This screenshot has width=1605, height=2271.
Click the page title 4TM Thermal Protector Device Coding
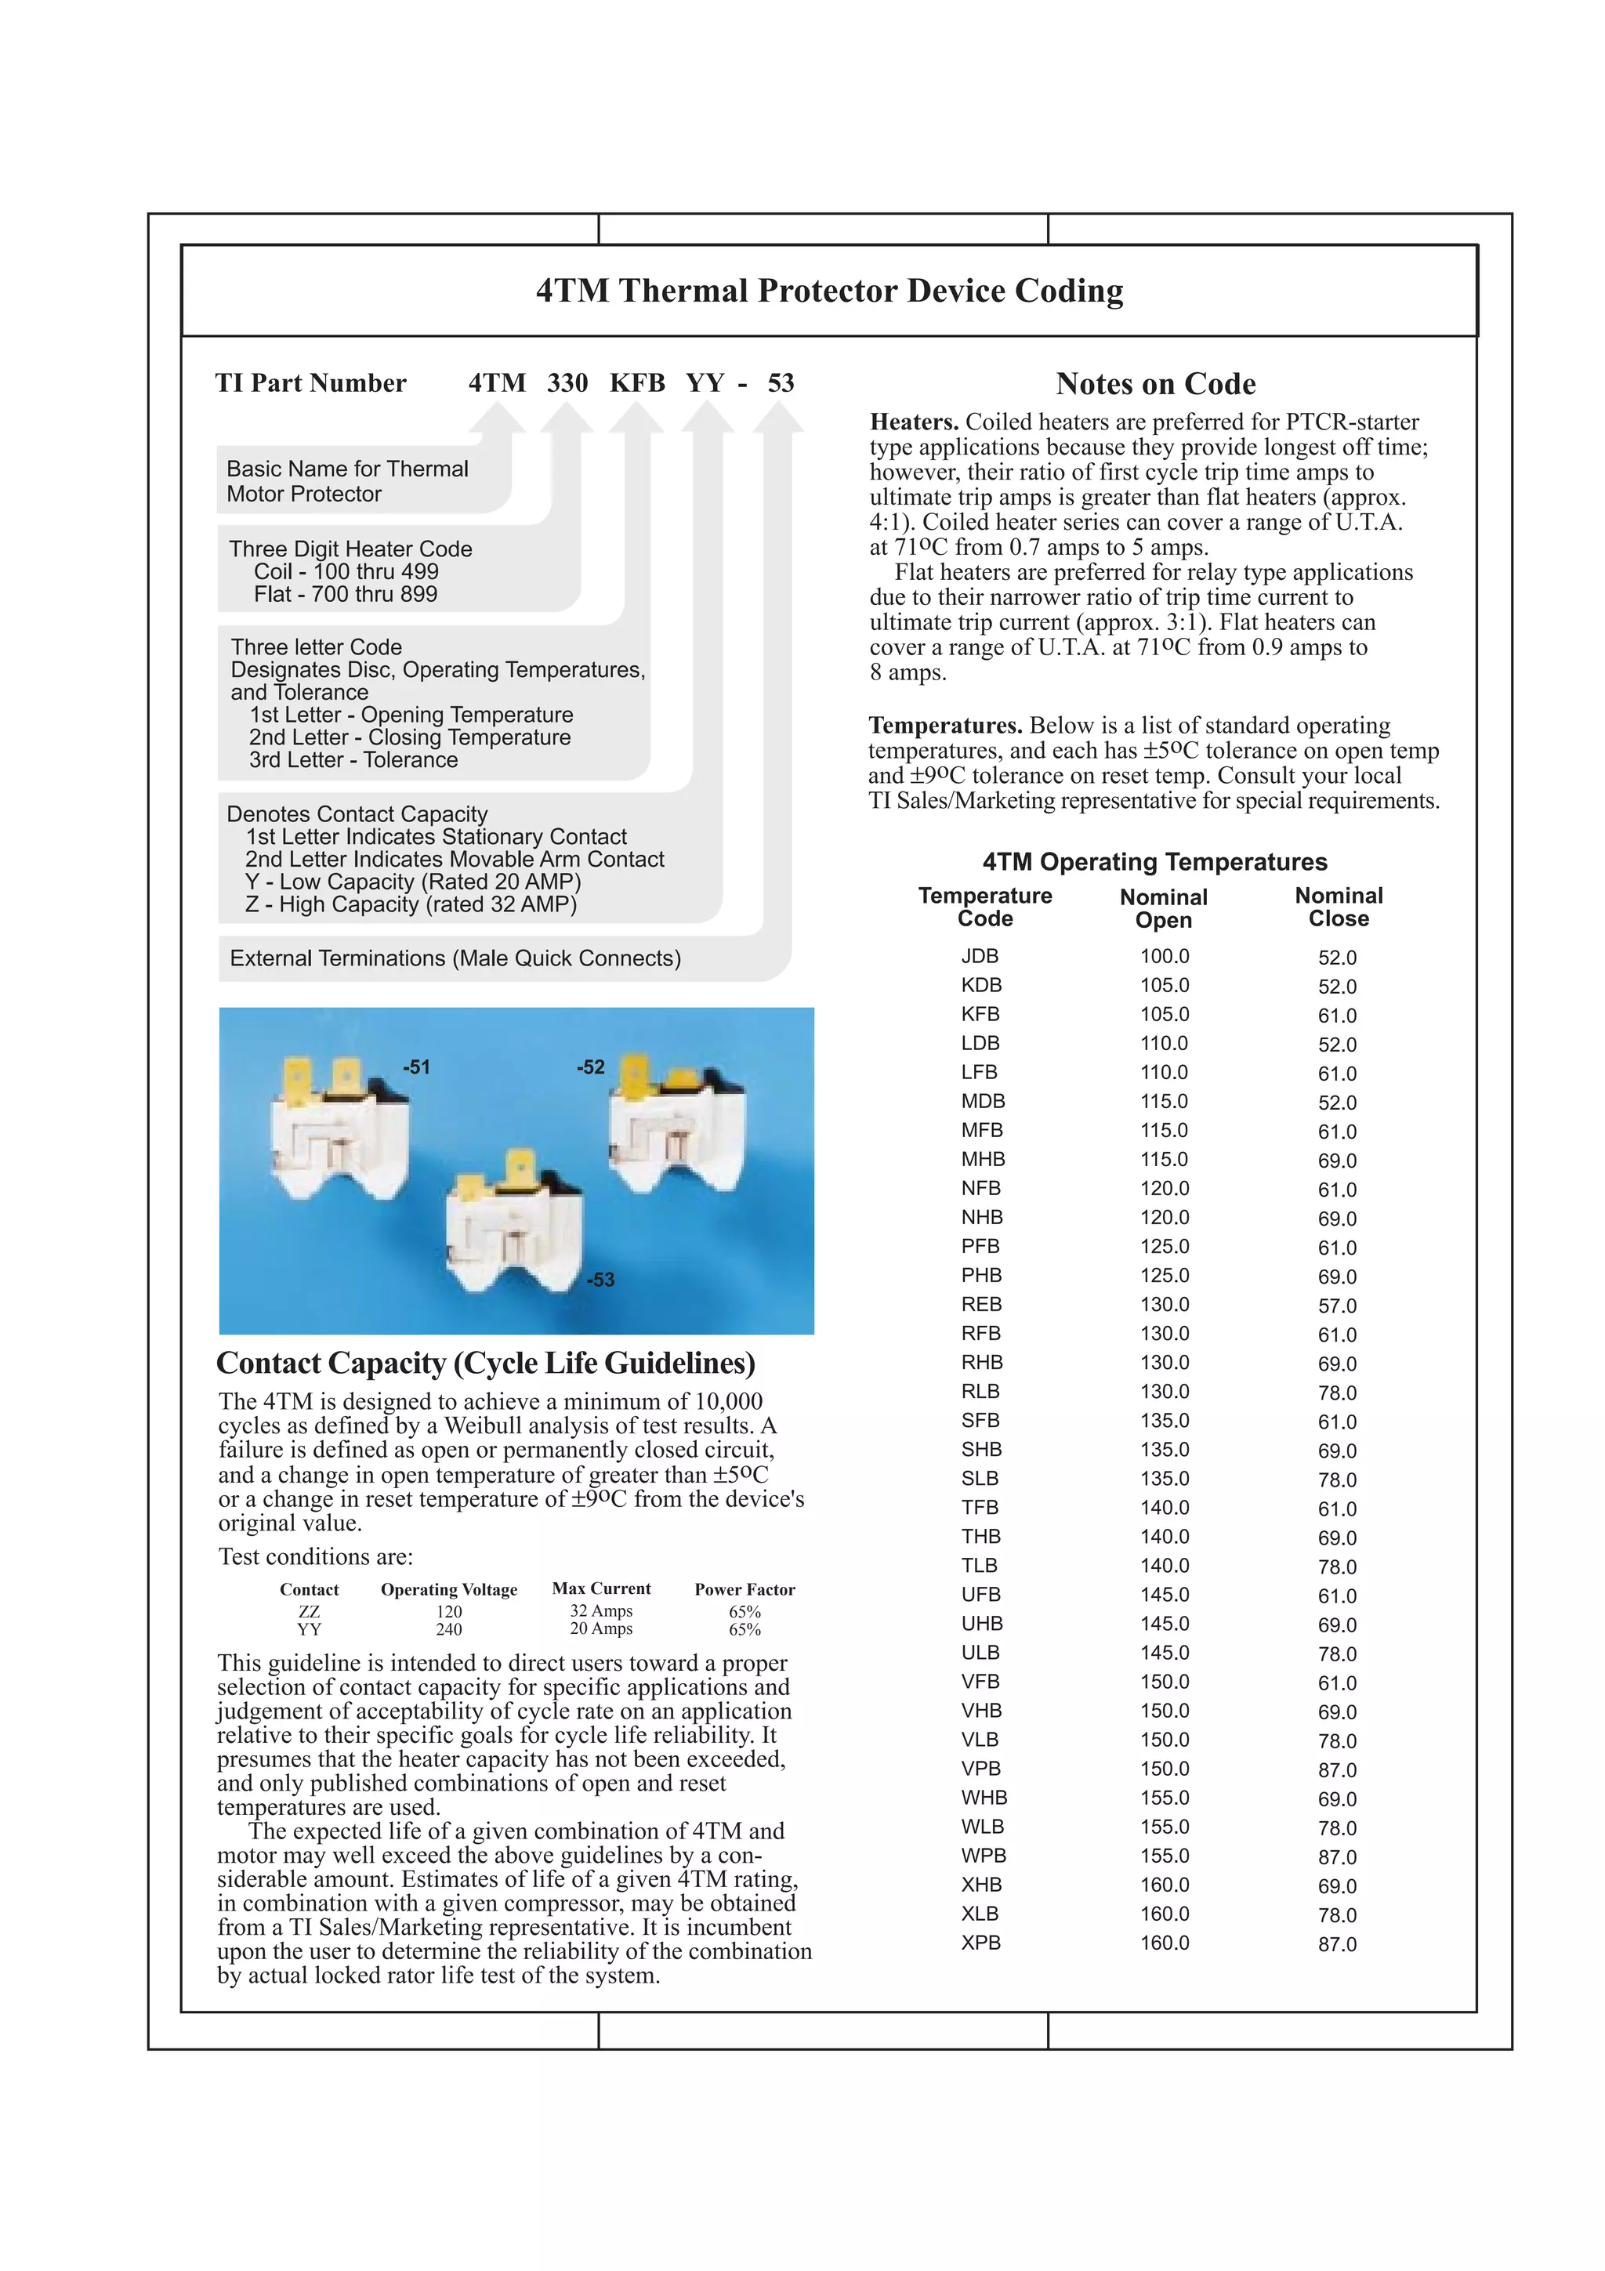pos(828,291)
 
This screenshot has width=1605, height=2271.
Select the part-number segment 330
pos(567,382)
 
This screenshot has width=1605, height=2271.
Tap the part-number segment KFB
pos(637,382)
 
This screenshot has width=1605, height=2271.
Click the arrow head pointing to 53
pos(778,418)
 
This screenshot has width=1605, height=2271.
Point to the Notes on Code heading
pos(1155,384)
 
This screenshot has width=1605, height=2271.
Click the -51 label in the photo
pos(416,1067)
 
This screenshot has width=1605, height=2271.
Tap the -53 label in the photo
pos(600,1280)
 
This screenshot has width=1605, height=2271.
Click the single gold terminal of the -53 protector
pos(518,1167)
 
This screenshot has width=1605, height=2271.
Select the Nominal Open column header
pos(1163,908)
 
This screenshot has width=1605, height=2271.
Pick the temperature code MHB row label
pos(982,1159)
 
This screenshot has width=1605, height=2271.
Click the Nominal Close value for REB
pos(1337,1306)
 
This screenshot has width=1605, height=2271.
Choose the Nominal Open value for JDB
pos(1164,957)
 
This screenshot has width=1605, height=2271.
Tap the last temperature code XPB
pos(981,1943)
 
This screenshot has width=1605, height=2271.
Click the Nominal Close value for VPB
pos(1337,1769)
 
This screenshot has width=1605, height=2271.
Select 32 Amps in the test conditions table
pos(600,1610)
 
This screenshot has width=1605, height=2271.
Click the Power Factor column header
pos(744,1589)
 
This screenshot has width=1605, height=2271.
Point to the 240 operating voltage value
pos(449,1629)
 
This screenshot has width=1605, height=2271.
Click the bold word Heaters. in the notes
pos(914,422)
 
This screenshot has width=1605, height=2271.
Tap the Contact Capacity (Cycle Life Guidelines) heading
pos(486,1363)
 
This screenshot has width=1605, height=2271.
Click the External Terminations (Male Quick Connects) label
pos(455,958)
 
